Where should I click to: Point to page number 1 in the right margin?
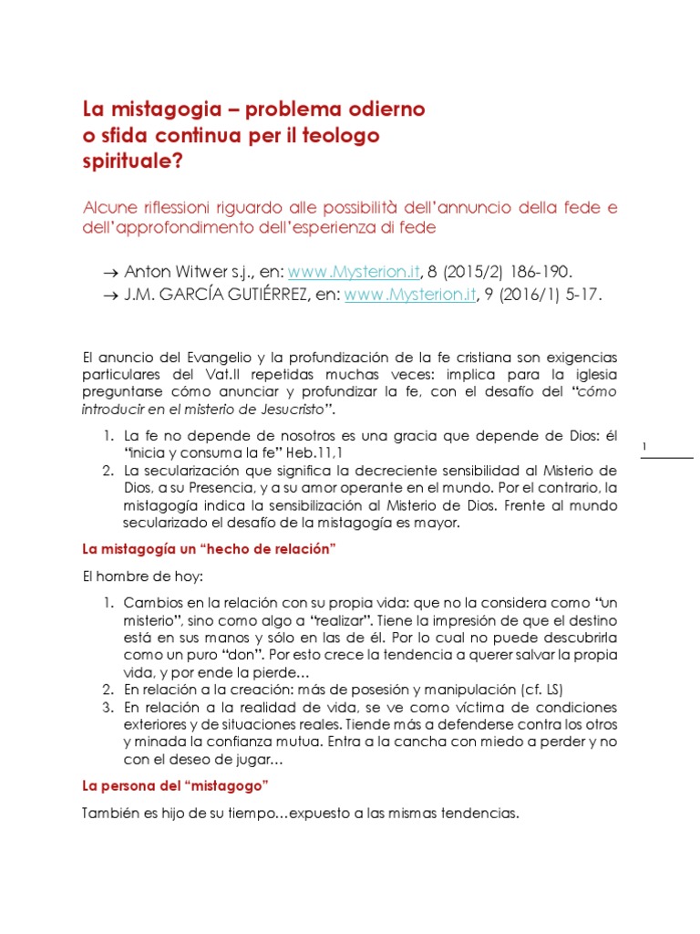click(645, 446)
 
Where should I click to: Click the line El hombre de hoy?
click(129, 577)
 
